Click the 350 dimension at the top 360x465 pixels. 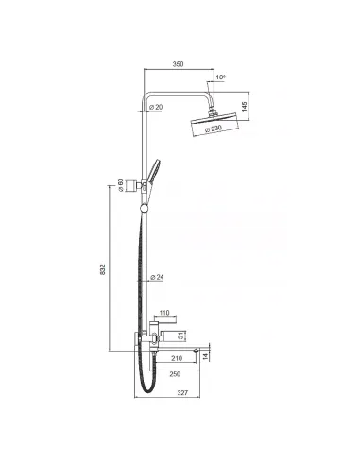click(x=178, y=63)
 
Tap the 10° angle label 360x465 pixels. click(x=220, y=77)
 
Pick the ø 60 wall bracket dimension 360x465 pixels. click(x=121, y=187)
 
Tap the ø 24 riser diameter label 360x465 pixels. click(x=156, y=278)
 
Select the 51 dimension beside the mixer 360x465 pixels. click(x=181, y=332)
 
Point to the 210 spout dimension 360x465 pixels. click(x=176, y=360)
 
